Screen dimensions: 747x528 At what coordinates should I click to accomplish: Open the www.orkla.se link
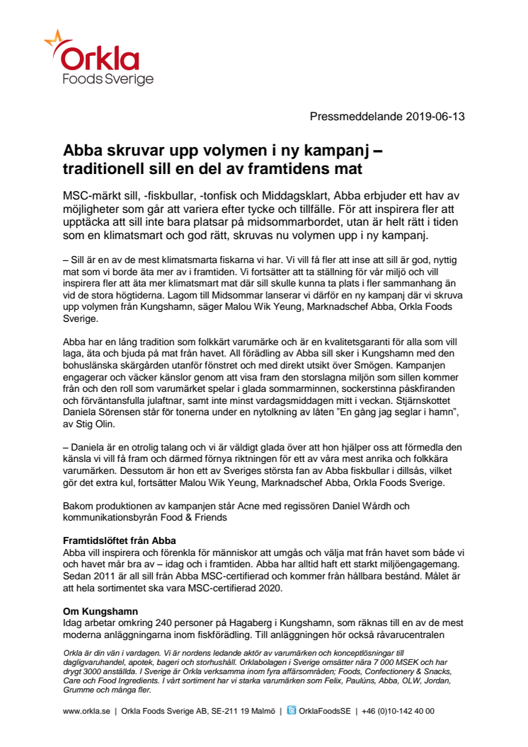(x=86, y=711)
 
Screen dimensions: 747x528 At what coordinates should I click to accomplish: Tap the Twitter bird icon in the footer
(x=292, y=711)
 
